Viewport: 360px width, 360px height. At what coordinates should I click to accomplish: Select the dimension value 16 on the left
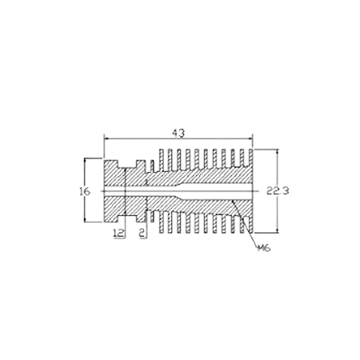tap(83, 192)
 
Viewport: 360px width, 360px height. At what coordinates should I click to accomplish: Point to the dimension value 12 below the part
tap(118, 234)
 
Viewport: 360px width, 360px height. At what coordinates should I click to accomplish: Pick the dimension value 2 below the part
tap(142, 234)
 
